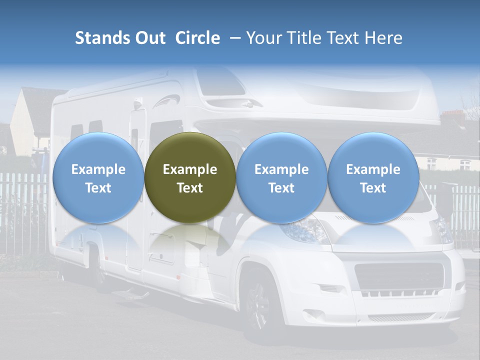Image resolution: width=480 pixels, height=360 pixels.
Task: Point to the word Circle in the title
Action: click(197, 38)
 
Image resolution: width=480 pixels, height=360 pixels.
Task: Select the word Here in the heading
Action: click(384, 38)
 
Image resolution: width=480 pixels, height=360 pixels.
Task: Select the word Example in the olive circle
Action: click(190, 169)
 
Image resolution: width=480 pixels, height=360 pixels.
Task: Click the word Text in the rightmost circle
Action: click(373, 188)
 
